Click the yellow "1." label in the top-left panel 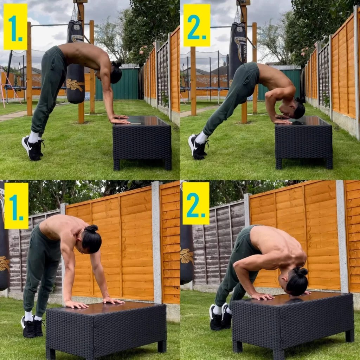[x=15, y=26]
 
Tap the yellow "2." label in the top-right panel [x=197, y=25]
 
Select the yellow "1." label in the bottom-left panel [x=16, y=206]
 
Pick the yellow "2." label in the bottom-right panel [x=196, y=203]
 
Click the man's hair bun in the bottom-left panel [x=91, y=229]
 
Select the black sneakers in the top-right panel [x=198, y=147]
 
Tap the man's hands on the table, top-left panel [x=120, y=120]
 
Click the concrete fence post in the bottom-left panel [x=156, y=243]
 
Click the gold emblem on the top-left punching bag [x=75, y=85]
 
